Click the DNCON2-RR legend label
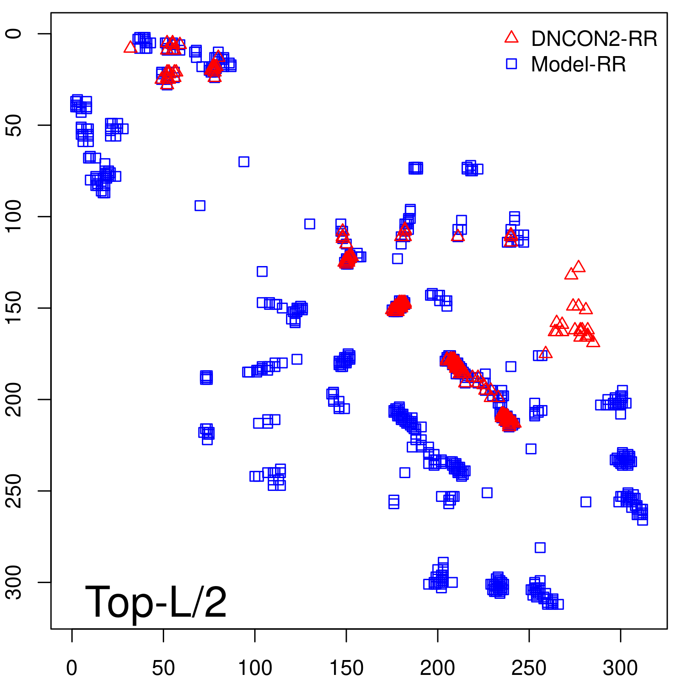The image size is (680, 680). tap(594, 39)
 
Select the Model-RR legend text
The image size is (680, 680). tap(578, 65)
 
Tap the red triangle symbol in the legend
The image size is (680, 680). tap(511, 37)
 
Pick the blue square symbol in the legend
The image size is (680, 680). tap(511, 64)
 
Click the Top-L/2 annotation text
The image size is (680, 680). tap(156, 602)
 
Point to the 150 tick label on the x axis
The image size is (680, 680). tap(346, 668)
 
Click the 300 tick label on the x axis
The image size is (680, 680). tap(620, 668)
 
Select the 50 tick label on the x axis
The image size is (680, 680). tap(163, 668)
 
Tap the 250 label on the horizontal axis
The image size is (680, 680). tap(529, 668)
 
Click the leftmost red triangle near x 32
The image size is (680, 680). tap(130, 47)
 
